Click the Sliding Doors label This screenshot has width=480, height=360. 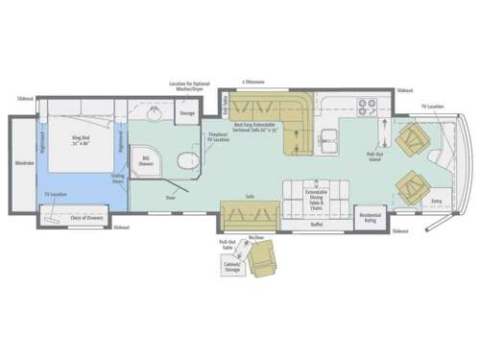pos(118,179)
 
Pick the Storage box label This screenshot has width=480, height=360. pos(187,113)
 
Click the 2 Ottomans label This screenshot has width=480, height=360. pos(253,83)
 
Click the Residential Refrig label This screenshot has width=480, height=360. pos(370,220)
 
